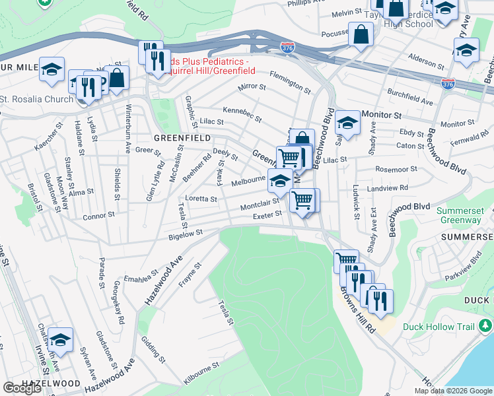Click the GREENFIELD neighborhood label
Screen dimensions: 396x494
[182, 138]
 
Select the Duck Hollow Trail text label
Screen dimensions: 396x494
[447, 327]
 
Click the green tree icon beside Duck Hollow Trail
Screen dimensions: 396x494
[485, 325]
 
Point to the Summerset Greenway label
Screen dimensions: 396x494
[461, 216]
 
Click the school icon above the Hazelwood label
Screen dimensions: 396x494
[60, 339]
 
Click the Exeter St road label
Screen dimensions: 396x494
[267, 214]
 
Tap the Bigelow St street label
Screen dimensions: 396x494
[185, 234]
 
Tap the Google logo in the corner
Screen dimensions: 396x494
[22, 387]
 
